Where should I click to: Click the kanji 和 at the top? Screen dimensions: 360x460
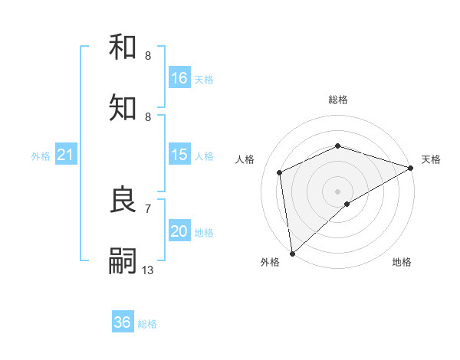(123, 48)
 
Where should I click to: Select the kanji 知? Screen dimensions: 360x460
(123, 108)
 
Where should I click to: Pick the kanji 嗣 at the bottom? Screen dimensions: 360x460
(123, 260)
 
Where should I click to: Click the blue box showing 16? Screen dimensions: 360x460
(179, 78)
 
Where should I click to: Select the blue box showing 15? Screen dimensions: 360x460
(179, 155)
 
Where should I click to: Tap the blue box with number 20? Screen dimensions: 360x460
(179, 232)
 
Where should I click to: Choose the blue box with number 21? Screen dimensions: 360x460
(66, 155)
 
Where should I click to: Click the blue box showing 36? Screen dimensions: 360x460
(123, 322)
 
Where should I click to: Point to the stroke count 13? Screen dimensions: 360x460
(148, 270)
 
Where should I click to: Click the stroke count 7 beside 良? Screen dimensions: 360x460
(148, 208)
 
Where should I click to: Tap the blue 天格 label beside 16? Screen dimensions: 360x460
(204, 79)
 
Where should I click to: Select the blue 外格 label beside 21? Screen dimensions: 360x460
(41, 156)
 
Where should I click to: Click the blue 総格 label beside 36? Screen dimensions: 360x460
(147, 323)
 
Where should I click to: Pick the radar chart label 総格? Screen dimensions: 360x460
(337, 100)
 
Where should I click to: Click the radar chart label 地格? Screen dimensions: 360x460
(402, 263)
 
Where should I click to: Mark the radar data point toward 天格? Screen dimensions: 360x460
(411, 168)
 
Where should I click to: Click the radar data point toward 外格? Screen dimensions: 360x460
(292, 253)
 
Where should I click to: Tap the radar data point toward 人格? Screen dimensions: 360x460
(280, 172)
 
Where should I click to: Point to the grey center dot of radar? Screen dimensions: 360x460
(337, 191)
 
